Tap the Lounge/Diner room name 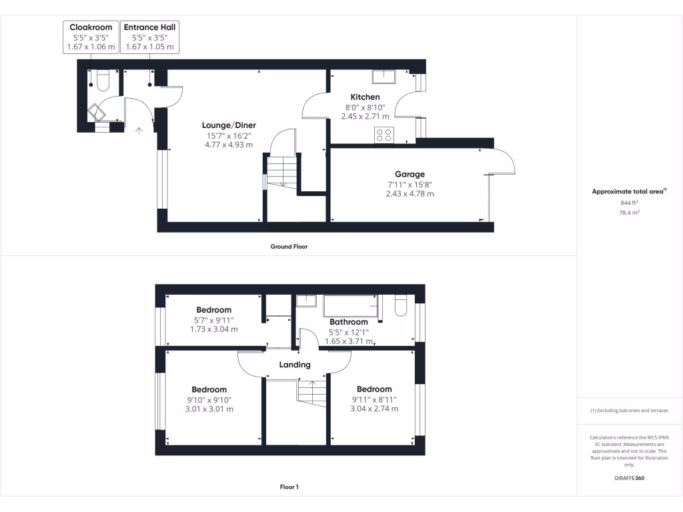tap(229, 125)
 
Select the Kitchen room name tap(365, 97)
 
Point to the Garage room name tap(409, 175)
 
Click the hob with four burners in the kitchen tap(384, 135)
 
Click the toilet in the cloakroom tap(102, 81)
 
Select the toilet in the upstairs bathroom tap(401, 305)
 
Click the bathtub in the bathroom tap(350, 306)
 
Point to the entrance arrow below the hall tap(139, 131)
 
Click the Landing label tap(295, 365)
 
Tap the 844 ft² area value tap(629, 203)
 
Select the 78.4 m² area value tap(629, 213)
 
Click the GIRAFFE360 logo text tap(629, 478)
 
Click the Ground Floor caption tap(289, 247)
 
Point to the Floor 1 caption tap(289, 487)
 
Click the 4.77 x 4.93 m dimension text tap(229, 145)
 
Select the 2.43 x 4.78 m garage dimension tap(409, 194)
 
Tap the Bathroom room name tap(348, 322)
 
